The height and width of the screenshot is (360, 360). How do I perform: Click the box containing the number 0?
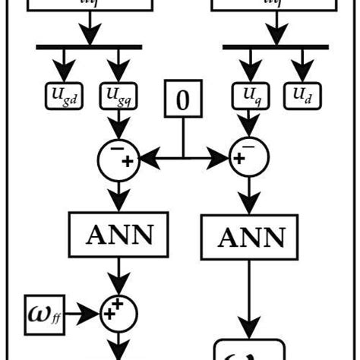click(182, 99)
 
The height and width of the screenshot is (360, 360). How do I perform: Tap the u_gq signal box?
click(117, 96)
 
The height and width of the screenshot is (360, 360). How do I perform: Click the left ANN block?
click(118, 235)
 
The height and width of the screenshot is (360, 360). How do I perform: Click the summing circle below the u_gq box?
click(118, 158)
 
